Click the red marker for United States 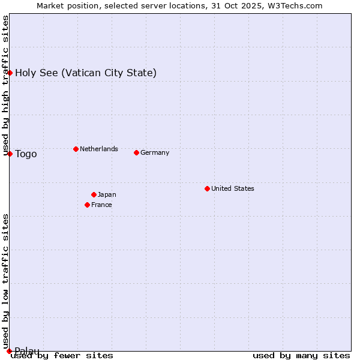tap(207, 188)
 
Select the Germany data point tap(136, 152)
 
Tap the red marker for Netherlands tap(76, 149)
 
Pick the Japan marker tap(94, 194)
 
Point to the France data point tap(87, 205)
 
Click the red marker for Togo tap(10, 154)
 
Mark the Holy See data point tap(10, 73)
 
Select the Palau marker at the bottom tap(9, 350)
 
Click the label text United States tap(232, 188)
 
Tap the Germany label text tap(155, 152)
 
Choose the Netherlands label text tap(98, 149)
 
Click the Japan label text tap(107, 194)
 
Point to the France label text tap(101, 205)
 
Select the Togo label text tap(26, 154)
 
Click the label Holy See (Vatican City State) tap(86, 73)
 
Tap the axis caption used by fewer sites tap(62, 355)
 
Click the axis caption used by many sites tap(301, 355)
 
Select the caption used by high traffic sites tap(5, 85)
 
